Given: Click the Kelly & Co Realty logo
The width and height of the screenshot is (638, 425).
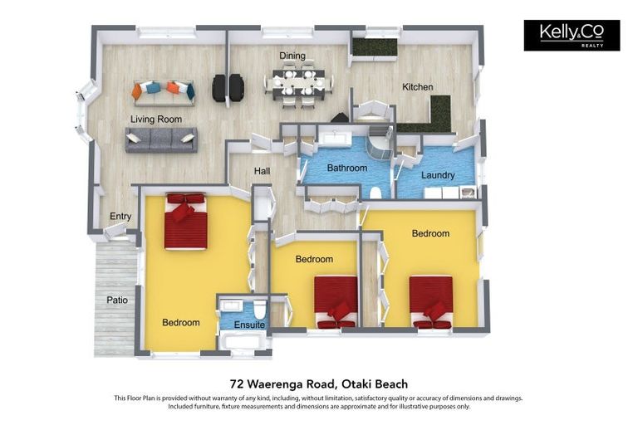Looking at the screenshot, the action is pyautogui.click(x=572, y=36).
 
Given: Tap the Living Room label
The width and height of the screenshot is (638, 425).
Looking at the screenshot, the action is pyautogui.click(x=156, y=120).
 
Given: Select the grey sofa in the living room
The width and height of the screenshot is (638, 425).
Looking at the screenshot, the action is pyautogui.click(x=161, y=140).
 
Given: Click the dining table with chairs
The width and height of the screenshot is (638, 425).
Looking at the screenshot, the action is pyautogui.click(x=298, y=84).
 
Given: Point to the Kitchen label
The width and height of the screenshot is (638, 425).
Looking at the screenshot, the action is pyautogui.click(x=418, y=86).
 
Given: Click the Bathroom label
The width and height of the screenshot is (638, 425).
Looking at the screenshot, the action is pyautogui.click(x=347, y=168).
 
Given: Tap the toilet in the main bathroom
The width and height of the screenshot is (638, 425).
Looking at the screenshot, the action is pyautogui.click(x=375, y=193).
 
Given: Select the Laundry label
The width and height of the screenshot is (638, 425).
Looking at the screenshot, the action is pyautogui.click(x=438, y=175).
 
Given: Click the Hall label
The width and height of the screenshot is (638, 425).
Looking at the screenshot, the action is pyautogui.click(x=262, y=171).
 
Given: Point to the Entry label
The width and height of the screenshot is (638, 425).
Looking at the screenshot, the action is pyautogui.click(x=120, y=216).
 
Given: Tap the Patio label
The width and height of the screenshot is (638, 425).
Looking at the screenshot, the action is pyautogui.click(x=117, y=300).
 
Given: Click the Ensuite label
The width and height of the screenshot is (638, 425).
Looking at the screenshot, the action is pyautogui.click(x=249, y=325).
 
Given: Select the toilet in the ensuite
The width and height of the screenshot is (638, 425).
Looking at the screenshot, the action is pyautogui.click(x=259, y=310).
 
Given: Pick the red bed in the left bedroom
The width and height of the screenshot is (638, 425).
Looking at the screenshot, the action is pyautogui.click(x=186, y=221).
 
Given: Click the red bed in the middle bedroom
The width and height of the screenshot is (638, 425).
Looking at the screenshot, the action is pyautogui.click(x=336, y=302).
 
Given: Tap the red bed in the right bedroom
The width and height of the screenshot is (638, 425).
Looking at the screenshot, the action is pyautogui.click(x=431, y=302).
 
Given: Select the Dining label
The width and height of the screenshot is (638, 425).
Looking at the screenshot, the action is pyautogui.click(x=292, y=56).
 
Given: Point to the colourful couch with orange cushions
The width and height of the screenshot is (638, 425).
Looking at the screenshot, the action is pyautogui.click(x=163, y=93).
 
